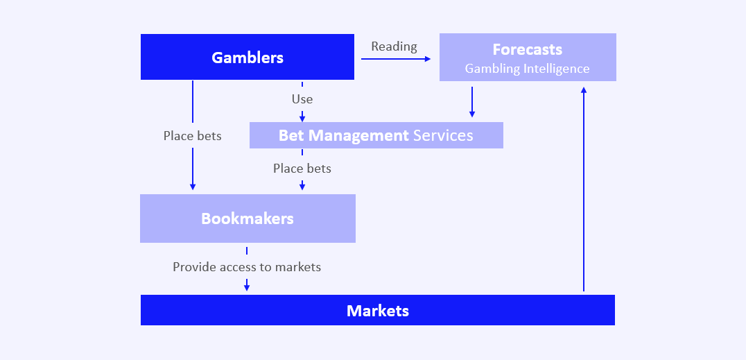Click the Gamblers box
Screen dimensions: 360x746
pyautogui.click(x=248, y=57)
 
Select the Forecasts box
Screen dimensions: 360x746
pyautogui.click(x=528, y=58)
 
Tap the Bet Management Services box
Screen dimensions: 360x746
pyautogui.click(x=376, y=135)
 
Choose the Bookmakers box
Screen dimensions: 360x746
pyautogui.click(x=248, y=218)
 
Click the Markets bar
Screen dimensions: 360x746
pyautogui.click(x=378, y=310)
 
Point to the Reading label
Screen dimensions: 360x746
pyautogui.click(x=394, y=46)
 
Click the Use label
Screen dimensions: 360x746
pyautogui.click(x=302, y=99)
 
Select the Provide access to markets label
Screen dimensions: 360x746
pyautogui.click(x=247, y=266)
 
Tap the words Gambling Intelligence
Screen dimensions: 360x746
pyautogui.click(x=528, y=69)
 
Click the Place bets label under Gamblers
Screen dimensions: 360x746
pyautogui.click(x=193, y=136)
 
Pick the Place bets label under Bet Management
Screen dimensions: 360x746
pyautogui.click(x=302, y=169)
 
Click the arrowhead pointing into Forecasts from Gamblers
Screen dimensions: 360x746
pyautogui.click(x=428, y=59)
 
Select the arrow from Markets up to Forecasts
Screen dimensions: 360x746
pyautogui.click(x=584, y=187)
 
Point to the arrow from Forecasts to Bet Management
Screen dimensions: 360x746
pyautogui.click(x=472, y=102)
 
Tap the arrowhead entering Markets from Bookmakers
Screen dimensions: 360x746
pyautogui.click(x=247, y=287)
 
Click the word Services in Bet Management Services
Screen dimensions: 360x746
pyautogui.click(x=443, y=135)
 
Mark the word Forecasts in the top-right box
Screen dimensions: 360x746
pyautogui.click(x=528, y=49)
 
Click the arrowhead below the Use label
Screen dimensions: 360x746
pyautogui.click(x=302, y=118)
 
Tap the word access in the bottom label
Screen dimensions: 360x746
pyautogui.click(x=236, y=266)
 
